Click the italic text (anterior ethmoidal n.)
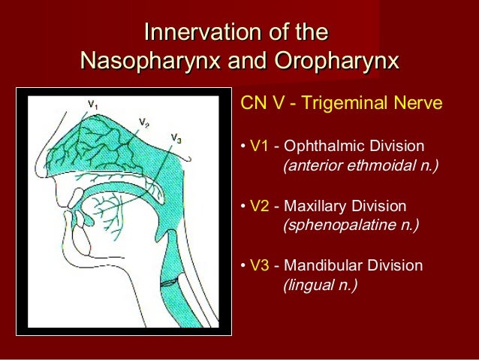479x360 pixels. pyautogui.click(x=360, y=165)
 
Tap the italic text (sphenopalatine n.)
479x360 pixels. pyautogui.click(x=350, y=225)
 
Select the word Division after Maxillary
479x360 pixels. pyautogui.click(x=379, y=206)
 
